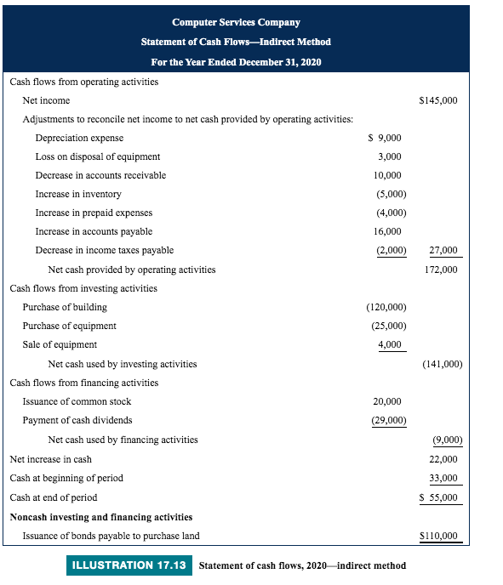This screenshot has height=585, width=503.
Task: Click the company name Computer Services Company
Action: [x=236, y=22]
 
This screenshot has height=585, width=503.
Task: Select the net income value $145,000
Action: [x=438, y=100]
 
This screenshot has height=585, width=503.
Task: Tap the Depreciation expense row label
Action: [x=79, y=138]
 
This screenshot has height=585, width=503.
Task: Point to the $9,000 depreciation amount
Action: [x=385, y=138]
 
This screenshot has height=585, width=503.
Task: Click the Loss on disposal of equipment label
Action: [x=98, y=156]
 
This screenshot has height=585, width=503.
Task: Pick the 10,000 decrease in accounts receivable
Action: [x=387, y=175]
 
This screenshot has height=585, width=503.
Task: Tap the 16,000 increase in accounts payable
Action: [x=387, y=231]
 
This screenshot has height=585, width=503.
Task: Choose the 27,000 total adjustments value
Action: [x=443, y=250]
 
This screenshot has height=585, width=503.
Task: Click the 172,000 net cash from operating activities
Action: [x=441, y=270]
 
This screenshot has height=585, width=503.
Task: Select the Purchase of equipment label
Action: [x=70, y=326]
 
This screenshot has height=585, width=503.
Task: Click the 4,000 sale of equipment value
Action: [x=390, y=344]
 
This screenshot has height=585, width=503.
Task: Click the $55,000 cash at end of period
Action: [x=439, y=497]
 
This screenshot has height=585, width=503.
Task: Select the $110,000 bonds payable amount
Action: [x=439, y=536]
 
